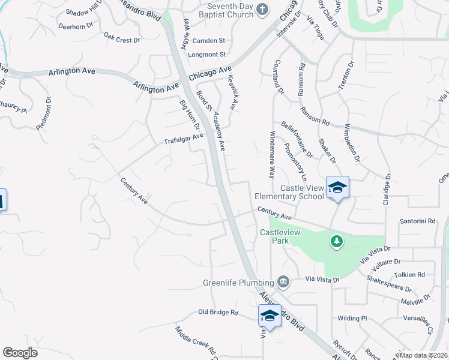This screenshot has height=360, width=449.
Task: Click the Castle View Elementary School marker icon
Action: click(337, 188)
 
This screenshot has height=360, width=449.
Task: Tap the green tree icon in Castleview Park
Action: click(337, 241)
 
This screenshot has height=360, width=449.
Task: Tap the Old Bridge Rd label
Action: click(218, 313)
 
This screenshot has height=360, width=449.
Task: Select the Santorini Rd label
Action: click(417, 221)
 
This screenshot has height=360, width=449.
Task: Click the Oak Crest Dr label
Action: click(121, 37)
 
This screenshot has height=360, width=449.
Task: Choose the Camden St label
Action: click(208, 41)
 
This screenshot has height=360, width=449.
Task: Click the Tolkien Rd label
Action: click(413, 275)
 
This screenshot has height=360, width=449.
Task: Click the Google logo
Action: click(20, 353)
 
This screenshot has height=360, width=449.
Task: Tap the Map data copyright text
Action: click(424, 355)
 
